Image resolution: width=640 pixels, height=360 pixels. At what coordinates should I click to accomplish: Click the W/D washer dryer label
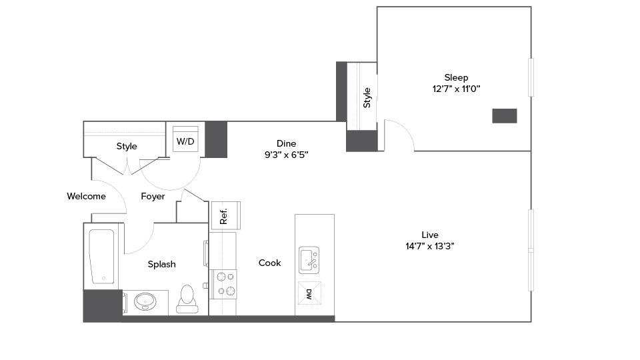(x=185, y=141)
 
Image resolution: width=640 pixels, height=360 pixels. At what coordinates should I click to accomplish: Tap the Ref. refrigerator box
(x=224, y=215)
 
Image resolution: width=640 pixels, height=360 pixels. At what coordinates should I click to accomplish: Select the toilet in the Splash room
(x=187, y=299)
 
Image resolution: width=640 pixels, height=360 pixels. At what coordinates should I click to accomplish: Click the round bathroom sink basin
(x=145, y=302)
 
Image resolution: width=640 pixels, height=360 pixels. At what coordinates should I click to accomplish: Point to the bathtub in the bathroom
(x=102, y=256)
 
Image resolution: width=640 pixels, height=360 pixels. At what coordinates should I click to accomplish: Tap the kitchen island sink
(x=309, y=259)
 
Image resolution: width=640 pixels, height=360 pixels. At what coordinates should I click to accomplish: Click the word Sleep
(x=456, y=77)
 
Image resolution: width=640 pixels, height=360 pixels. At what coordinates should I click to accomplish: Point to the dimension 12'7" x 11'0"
(x=456, y=89)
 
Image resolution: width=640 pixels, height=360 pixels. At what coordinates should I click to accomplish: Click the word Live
(x=430, y=234)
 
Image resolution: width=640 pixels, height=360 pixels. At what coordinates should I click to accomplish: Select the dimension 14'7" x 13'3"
(x=430, y=245)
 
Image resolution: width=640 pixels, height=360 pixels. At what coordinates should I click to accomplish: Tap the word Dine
(x=287, y=143)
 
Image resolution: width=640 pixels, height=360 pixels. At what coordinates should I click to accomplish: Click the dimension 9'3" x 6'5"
(x=287, y=154)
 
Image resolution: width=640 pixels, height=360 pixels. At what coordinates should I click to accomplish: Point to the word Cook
(x=270, y=263)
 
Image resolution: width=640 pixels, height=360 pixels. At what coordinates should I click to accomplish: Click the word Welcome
(x=86, y=196)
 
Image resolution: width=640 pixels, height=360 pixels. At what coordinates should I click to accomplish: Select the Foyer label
(x=153, y=196)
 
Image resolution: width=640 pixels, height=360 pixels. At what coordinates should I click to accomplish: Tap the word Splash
(x=161, y=264)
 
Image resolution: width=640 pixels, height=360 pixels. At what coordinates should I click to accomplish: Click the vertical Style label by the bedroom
(x=367, y=98)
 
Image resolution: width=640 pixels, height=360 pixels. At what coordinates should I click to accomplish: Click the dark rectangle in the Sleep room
(x=505, y=116)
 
